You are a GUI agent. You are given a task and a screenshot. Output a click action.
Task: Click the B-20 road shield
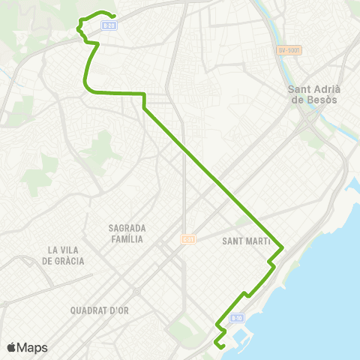(x=109, y=25)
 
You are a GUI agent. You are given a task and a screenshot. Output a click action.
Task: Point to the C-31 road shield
(x=187, y=239)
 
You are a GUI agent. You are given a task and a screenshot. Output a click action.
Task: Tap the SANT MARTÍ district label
(x=247, y=241)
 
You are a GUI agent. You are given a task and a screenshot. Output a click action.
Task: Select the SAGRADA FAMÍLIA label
(x=127, y=233)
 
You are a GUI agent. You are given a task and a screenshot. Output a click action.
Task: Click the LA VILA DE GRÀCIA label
(x=64, y=255)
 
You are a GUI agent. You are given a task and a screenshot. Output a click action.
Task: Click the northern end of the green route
(x=112, y=16)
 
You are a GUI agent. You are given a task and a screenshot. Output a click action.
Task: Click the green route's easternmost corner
(x=282, y=247)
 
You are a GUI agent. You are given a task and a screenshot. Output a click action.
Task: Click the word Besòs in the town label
(x=324, y=99)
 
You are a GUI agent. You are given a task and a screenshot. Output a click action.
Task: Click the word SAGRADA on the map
(x=127, y=227)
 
